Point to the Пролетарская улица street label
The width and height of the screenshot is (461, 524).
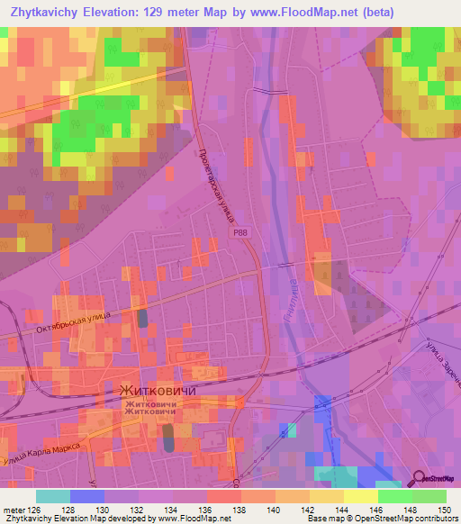216,176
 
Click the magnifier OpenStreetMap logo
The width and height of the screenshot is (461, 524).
435,478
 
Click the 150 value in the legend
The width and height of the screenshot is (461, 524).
444,509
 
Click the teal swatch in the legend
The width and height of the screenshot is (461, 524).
53,496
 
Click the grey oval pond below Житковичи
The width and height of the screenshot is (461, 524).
168,439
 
